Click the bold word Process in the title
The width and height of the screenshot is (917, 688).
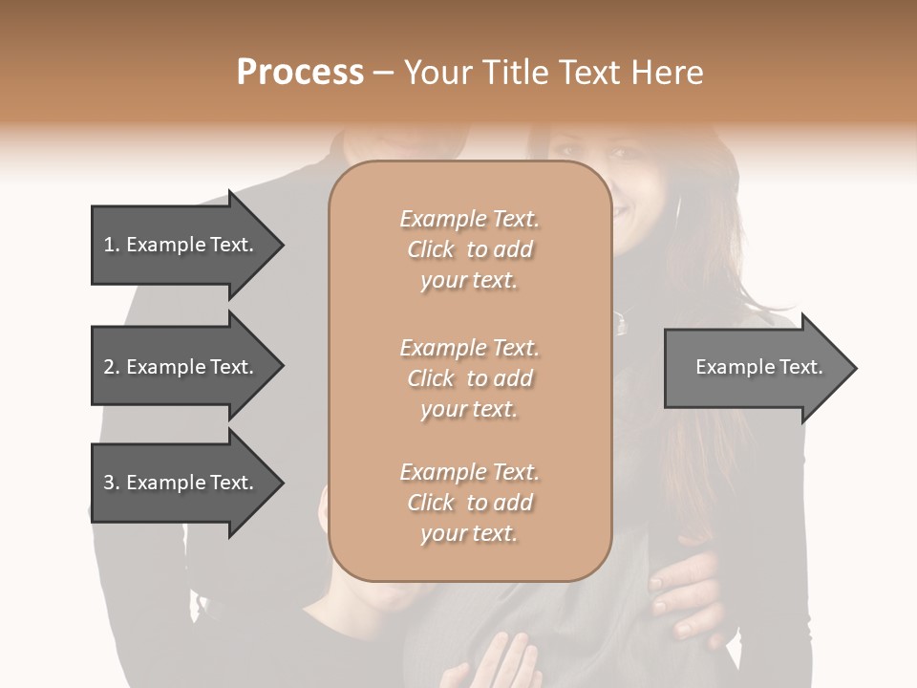click(x=300, y=73)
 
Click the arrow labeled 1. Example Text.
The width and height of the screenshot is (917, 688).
click(x=181, y=245)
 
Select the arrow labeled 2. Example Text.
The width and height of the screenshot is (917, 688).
click(x=181, y=367)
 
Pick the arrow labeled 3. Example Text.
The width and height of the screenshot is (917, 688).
click(x=181, y=483)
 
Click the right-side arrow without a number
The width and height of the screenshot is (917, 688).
click(x=755, y=368)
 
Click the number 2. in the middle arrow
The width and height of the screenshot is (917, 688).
click(x=112, y=367)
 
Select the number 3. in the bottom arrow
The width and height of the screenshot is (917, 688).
click(x=112, y=483)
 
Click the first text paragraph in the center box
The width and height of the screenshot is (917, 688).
click(x=469, y=249)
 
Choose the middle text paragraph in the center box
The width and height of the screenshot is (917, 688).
click(x=469, y=378)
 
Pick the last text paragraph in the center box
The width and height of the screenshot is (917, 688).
click(x=469, y=503)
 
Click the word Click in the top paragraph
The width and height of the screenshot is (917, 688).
click(x=431, y=249)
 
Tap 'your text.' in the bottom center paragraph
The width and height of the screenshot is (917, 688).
click(x=469, y=533)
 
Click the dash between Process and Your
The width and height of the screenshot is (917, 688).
click(x=384, y=73)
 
